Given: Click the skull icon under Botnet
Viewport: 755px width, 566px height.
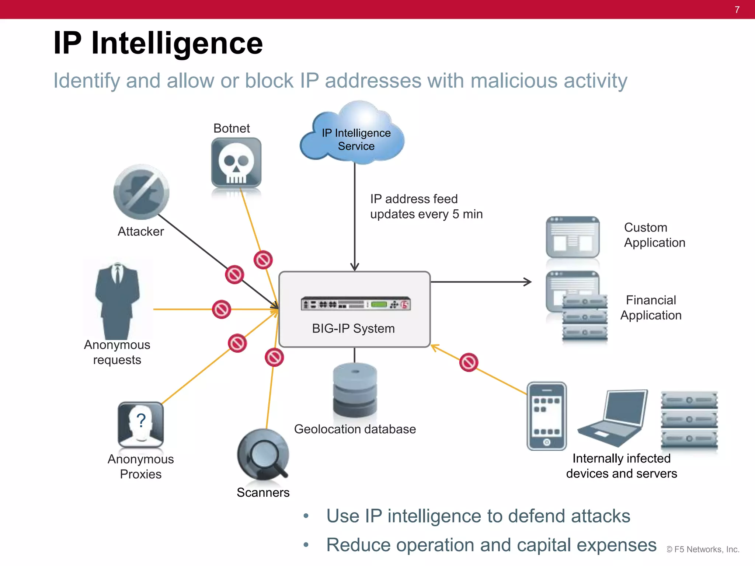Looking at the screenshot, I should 236,163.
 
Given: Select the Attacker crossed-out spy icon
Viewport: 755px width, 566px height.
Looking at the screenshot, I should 141,192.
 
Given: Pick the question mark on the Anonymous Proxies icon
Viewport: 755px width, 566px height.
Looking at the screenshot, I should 141,420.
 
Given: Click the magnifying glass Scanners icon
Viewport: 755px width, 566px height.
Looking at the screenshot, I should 263,454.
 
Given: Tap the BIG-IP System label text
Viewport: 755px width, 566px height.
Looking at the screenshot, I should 353,328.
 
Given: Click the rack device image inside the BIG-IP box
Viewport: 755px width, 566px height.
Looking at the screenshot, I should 355,304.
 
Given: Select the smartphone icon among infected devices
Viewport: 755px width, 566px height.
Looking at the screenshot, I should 546,416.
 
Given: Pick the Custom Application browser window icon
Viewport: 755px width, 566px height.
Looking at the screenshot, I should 572,237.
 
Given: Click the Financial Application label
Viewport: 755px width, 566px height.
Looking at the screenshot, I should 651,308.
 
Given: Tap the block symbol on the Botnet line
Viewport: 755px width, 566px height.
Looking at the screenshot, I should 263,260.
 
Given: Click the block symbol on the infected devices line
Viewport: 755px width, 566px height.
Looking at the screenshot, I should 469,363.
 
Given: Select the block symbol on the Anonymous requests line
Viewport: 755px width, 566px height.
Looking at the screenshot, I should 222,310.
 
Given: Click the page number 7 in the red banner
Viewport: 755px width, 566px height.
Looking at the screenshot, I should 737,10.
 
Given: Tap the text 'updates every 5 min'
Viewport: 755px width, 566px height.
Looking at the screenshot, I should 426,214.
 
